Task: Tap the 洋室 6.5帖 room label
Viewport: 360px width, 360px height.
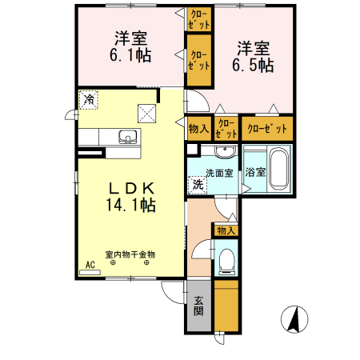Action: pos(254,56)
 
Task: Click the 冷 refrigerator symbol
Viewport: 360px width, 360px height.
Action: pos(90,100)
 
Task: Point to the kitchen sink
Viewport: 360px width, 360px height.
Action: pos(127,136)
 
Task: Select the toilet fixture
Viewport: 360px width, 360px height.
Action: pos(227,258)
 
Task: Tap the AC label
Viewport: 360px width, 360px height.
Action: pos(90,265)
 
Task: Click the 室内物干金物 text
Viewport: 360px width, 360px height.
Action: pos(130,255)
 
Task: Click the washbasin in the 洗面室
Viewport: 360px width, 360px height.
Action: pos(224,153)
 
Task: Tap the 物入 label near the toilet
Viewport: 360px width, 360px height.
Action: pos(226,230)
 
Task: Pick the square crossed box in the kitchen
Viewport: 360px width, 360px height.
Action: pos(147,113)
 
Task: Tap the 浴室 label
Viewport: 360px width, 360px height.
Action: pos(255,172)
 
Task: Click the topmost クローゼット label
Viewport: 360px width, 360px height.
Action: pos(198,19)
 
